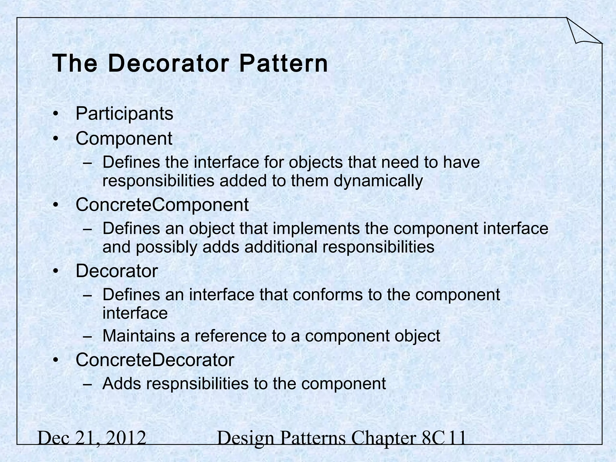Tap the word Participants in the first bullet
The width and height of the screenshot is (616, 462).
pos(124,114)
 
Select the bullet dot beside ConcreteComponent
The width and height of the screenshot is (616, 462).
pos(55,205)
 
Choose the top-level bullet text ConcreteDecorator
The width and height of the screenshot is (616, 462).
pos(155,360)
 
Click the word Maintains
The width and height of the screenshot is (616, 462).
pos(139,336)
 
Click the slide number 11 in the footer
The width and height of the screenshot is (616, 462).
pos(457,438)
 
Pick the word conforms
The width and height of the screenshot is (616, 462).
pos(328,294)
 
